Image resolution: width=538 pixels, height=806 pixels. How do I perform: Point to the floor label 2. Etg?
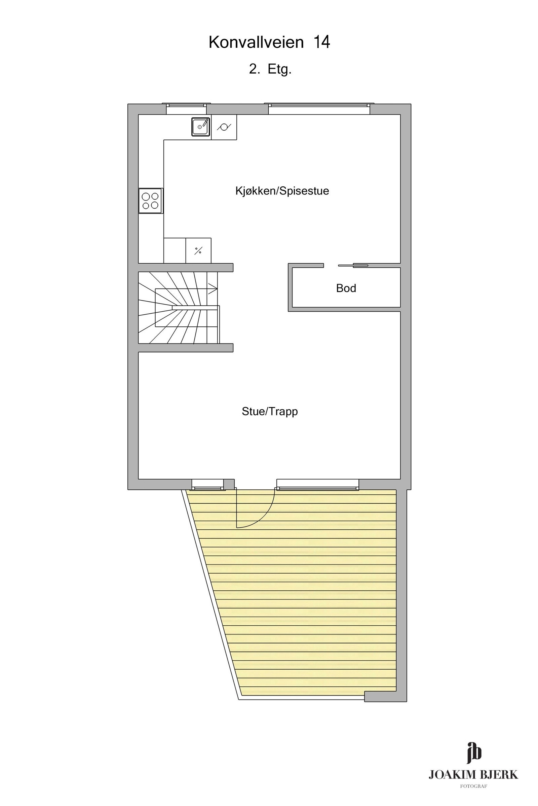coord(270,70)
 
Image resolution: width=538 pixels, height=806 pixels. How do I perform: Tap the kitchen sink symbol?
coord(200,127)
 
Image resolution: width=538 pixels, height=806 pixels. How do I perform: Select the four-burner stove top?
coord(151,201)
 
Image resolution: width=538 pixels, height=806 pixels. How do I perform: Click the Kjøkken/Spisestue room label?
coord(282,191)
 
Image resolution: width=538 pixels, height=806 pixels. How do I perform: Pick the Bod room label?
coord(346,288)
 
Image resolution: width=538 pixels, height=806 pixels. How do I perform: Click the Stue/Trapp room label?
coord(270,411)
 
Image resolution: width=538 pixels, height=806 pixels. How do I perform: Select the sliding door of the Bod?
coord(353,265)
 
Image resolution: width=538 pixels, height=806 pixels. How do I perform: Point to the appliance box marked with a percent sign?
coord(198,251)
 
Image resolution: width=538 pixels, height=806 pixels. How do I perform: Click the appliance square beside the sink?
coord(224,127)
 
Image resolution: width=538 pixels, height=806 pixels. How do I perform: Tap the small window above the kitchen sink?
coord(186,108)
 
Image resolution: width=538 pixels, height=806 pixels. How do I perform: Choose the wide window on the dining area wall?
coord(319,108)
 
